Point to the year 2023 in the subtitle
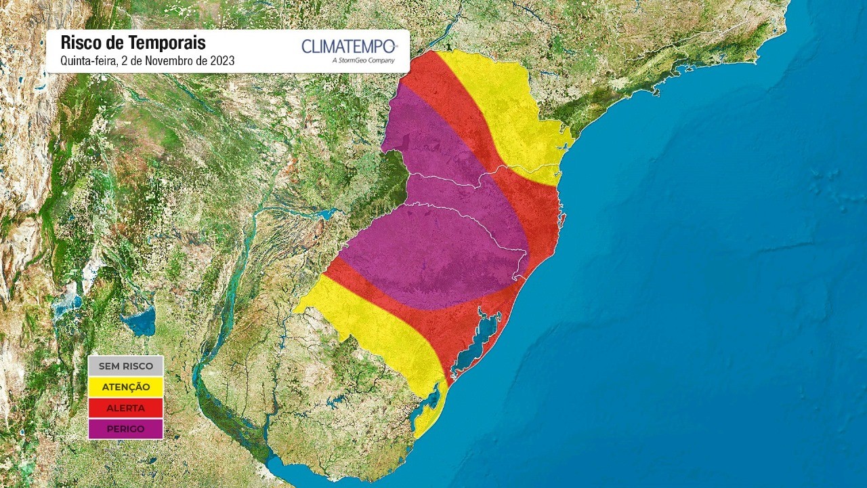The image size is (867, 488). click(x=222, y=60)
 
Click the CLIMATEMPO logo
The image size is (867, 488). click(x=349, y=46)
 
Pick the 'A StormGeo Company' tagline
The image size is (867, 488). click(x=363, y=60)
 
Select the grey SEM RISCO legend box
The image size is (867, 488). click(x=125, y=366)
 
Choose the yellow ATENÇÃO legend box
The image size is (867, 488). click(x=125, y=387)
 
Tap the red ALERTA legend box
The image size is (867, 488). click(x=125, y=408)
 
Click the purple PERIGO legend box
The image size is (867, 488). click(x=125, y=429)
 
